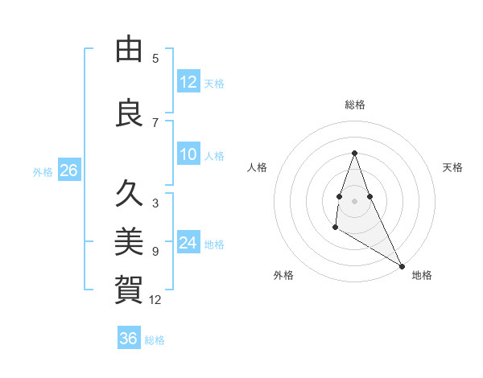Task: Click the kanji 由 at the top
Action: [x=129, y=49]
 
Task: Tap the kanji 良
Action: [x=129, y=113]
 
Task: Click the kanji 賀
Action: [x=129, y=288]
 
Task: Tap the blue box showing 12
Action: [x=188, y=82]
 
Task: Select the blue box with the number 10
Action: [x=188, y=154]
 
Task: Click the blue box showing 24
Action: [x=188, y=243]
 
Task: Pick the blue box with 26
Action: [x=68, y=171]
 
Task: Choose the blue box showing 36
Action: [x=129, y=339]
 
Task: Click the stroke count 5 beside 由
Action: [x=155, y=58]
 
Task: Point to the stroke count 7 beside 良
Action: [x=155, y=122]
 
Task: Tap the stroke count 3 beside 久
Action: [x=155, y=203]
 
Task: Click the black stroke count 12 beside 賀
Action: [x=155, y=299]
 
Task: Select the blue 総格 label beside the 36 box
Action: [x=155, y=340]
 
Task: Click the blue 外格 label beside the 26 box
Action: [x=43, y=172]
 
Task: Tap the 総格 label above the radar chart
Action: [x=355, y=105]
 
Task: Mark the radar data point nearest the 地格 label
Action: [x=402, y=266]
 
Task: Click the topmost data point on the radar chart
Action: [x=355, y=153]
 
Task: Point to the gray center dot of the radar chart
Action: [x=355, y=200]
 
